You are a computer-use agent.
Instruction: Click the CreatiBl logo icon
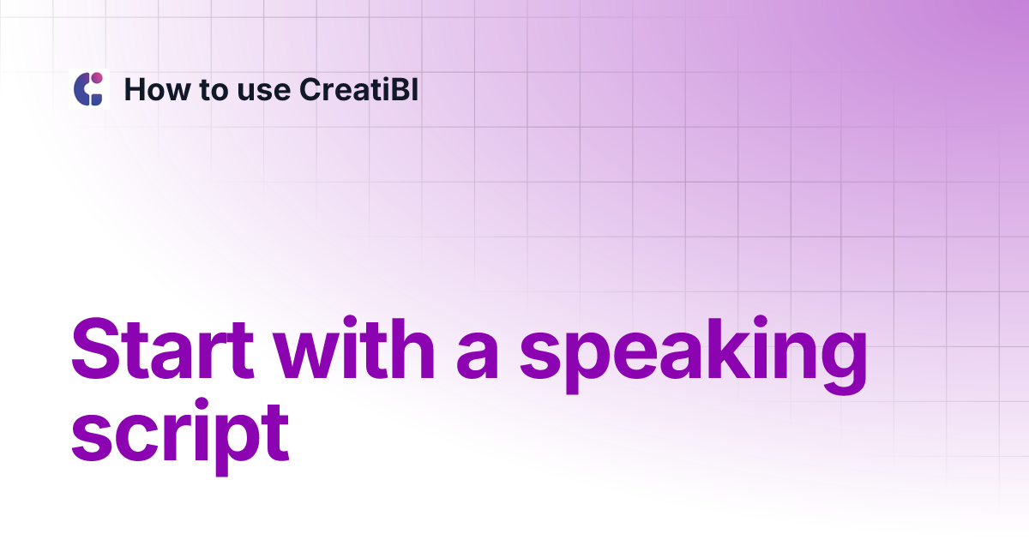click(x=88, y=89)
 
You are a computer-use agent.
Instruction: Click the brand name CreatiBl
click(x=359, y=89)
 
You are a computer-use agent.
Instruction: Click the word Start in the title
click(x=167, y=351)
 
